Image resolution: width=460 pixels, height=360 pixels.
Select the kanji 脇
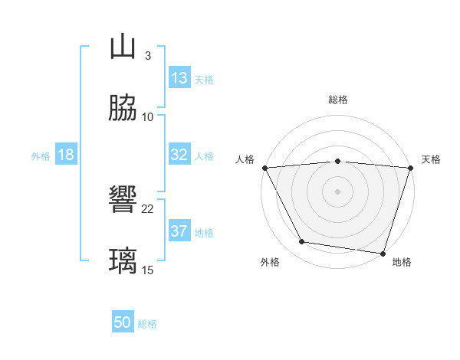pyautogui.click(x=123, y=109)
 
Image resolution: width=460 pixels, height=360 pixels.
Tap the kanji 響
pyautogui.click(x=123, y=201)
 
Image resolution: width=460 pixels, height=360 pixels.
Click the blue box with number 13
pyautogui.click(x=179, y=78)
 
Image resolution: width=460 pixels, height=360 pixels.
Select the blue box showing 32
pyautogui.click(x=179, y=155)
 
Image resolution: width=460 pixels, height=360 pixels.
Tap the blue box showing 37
pyautogui.click(x=179, y=231)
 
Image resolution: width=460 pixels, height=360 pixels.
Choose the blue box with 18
pyautogui.click(x=66, y=155)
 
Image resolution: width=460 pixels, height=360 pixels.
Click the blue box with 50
pyautogui.click(x=123, y=323)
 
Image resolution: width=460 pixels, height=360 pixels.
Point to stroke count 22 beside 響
pyautogui.click(x=148, y=208)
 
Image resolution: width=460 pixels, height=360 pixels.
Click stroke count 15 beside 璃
pyautogui.click(x=148, y=270)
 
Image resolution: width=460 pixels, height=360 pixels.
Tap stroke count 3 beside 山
pyautogui.click(x=148, y=55)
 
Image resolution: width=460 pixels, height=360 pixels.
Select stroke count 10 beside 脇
pyautogui.click(x=148, y=116)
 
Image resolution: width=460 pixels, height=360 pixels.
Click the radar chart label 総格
pyautogui.click(x=337, y=100)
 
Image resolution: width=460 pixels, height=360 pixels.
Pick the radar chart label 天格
pyautogui.click(x=431, y=159)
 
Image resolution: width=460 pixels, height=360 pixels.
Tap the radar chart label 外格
pyautogui.click(x=270, y=262)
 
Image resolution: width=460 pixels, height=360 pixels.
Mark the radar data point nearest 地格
pyautogui.click(x=383, y=253)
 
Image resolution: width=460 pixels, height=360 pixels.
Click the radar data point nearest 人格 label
pyautogui.click(x=264, y=167)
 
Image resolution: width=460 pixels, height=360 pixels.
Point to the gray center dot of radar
pyautogui.click(x=337, y=191)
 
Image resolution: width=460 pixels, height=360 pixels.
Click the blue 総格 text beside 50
pyautogui.click(x=147, y=324)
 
